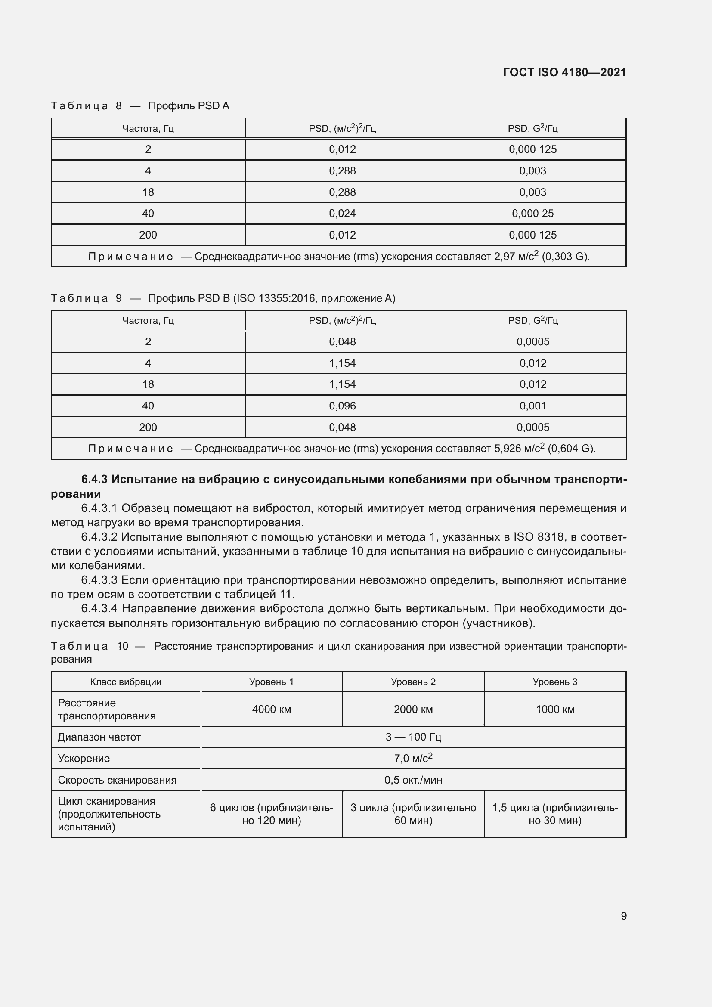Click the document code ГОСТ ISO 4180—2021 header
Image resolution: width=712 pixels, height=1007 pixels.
(x=564, y=72)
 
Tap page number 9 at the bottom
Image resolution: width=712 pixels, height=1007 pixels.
(x=623, y=916)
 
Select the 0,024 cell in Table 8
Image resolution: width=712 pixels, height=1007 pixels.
(x=342, y=214)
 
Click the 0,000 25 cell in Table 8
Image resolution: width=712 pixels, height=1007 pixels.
(x=532, y=214)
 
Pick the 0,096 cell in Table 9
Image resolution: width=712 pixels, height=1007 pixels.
(x=342, y=406)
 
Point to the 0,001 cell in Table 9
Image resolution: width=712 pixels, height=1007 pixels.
(x=532, y=406)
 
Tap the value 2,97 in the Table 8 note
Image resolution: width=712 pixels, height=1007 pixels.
(x=504, y=257)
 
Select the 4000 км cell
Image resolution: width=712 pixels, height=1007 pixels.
(x=271, y=709)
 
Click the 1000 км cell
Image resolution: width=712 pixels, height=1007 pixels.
(x=554, y=709)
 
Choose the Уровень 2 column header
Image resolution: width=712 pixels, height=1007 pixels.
(x=413, y=682)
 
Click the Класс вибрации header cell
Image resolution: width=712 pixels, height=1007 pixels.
(x=126, y=682)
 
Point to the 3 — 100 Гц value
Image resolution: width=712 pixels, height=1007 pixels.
(x=413, y=737)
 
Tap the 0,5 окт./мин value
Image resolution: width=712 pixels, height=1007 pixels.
(x=413, y=780)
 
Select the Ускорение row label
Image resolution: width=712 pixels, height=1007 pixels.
(x=84, y=758)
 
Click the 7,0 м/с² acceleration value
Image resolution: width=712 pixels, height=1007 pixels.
(x=413, y=758)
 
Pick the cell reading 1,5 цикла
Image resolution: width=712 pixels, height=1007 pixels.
(x=554, y=814)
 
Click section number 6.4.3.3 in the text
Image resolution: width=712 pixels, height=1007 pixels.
(x=99, y=580)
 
